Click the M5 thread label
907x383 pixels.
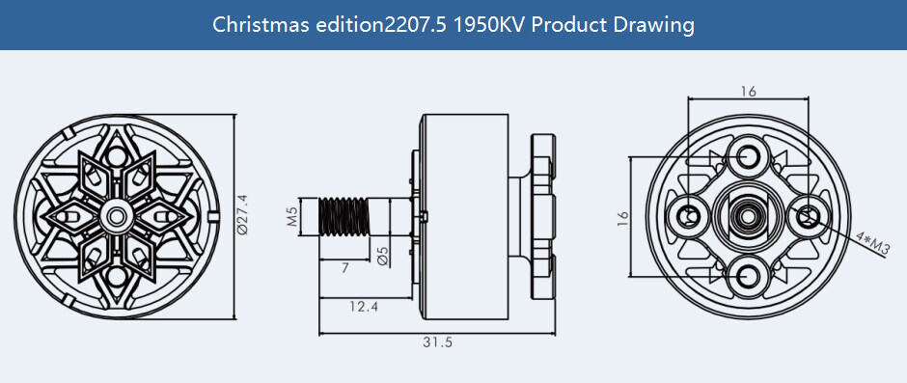click(x=291, y=214)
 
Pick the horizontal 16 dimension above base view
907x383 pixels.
click(x=749, y=92)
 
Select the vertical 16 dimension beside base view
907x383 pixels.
click(x=622, y=219)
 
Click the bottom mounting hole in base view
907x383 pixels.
click(x=749, y=277)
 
